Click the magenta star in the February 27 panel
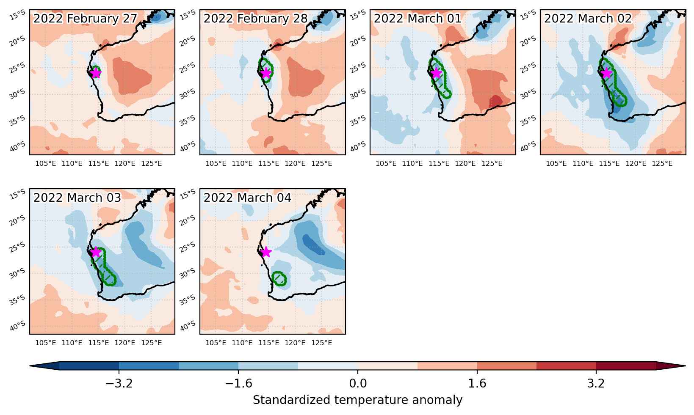click(96, 73)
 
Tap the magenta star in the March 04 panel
click(266, 252)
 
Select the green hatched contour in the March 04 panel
click(279, 279)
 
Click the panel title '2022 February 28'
click(255, 19)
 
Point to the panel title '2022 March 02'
click(588, 19)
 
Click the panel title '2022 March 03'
click(77, 198)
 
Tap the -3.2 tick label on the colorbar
click(119, 383)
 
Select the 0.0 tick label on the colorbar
click(358, 383)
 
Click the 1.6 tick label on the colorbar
click(477, 383)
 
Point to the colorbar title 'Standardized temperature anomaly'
click(357, 400)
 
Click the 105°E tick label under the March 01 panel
click(386, 163)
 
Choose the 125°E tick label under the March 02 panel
click(662, 163)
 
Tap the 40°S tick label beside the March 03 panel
click(18, 326)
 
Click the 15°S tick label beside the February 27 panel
click(18, 15)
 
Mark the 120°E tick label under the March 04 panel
click(295, 343)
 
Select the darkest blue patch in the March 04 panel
click(313, 245)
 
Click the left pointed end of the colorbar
click(30, 366)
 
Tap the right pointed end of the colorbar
click(685, 366)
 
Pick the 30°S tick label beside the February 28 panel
click(188, 94)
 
